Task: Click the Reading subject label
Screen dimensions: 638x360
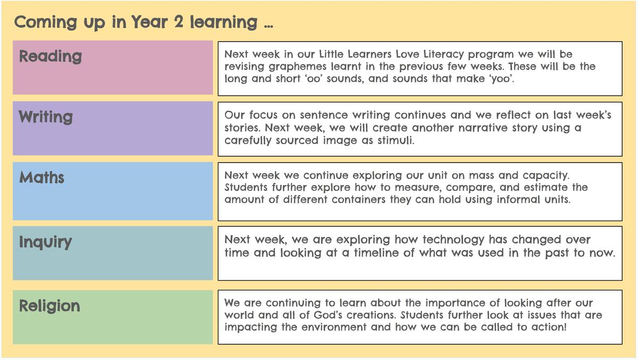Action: (x=51, y=56)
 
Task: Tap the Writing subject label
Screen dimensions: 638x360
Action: (x=46, y=117)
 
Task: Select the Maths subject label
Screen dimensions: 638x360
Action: (x=41, y=178)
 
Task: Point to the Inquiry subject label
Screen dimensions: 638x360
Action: (x=45, y=242)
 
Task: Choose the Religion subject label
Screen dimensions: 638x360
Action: (x=49, y=306)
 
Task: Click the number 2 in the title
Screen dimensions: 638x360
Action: (x=179, y=22)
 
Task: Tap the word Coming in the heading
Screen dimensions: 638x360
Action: (x=46, y=23)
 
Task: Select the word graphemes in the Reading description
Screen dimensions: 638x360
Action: (x=297, y=67)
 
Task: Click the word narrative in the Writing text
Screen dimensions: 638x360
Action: (x=483, y=128)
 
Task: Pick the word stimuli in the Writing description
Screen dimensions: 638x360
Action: (x=396, y=140)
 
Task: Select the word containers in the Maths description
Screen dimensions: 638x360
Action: (x=358, y=199)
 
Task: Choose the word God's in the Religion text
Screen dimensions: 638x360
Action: (x=328, y=315)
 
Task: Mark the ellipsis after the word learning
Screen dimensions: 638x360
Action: (x=268, y=27)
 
